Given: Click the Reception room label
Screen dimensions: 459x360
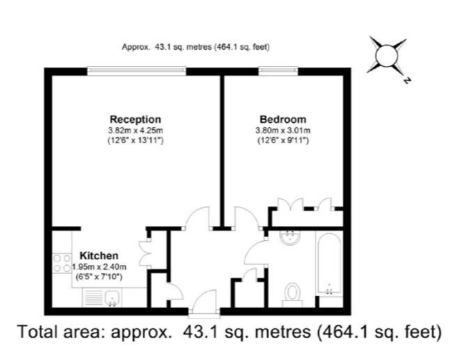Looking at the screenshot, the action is (x=135, y=119).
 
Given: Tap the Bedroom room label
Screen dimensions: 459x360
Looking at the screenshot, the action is (x=283, y=119).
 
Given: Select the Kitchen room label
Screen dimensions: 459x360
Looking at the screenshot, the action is (x=99, y=256).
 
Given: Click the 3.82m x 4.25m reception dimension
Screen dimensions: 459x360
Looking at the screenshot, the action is (x=136, y=130).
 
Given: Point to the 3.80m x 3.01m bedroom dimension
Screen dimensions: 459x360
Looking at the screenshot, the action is (x=283, y=130).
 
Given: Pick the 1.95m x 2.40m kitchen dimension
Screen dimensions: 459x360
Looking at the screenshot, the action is (x=99, y=267).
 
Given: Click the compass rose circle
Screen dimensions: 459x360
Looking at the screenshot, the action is (x=387, y=56).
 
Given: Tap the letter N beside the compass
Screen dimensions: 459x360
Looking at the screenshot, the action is (x=407, y=80).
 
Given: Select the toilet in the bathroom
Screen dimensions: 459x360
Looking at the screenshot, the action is (x=292, y=295).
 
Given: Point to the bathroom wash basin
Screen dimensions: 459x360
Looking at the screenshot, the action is (x=290, y=237).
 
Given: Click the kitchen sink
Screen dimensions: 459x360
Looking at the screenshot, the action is (x=111, y=297).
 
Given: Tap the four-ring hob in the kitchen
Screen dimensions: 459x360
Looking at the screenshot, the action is (x=62, y=263).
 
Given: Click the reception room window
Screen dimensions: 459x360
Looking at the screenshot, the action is (x=137, y=71).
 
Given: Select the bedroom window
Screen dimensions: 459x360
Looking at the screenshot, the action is (x=278, y=71).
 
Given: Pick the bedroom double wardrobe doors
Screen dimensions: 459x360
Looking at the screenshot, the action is (x=290, y=204).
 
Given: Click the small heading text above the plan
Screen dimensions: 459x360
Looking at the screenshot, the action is (x=196, y=47).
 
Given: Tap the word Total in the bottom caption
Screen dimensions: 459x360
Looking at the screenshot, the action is (x=38, y=332).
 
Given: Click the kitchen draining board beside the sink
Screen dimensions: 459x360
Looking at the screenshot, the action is (x=93, y=297).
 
